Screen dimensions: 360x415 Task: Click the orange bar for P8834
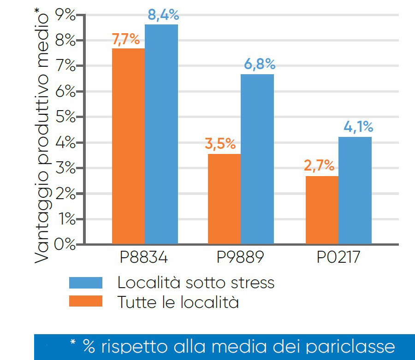[128, 146]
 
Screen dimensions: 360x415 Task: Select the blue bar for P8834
[161, 134]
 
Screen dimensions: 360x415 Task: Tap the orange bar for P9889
[224, 199]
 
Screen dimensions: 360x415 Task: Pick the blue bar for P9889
[257, 159]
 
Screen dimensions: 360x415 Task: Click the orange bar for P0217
[321, 210]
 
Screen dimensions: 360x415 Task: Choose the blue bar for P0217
[355, 190]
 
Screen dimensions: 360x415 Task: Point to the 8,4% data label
[163, 15]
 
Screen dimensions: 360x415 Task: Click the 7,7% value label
[126, 40]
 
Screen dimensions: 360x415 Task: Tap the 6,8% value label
[260, 65]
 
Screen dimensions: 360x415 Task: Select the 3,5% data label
[220, 144]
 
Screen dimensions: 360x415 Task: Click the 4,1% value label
[358, 127]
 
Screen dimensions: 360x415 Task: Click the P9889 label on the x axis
[240, 257]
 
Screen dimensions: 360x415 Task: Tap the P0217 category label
[338, 257]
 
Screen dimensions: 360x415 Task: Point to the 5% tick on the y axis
[65, 117]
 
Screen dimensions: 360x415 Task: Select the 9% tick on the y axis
[65, 15]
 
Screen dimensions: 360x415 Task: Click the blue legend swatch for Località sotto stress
[85, 282]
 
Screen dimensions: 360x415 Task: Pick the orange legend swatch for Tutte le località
[85, 301]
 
